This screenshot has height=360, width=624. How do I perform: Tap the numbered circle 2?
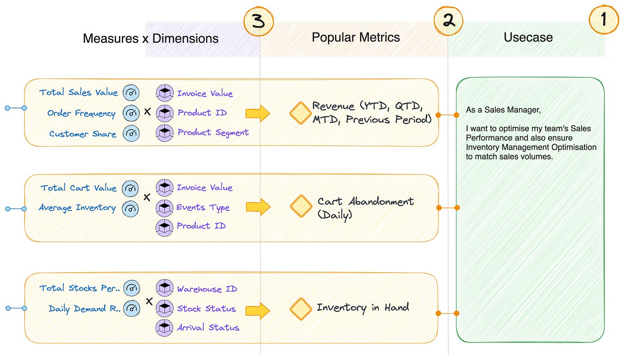coord(448,21)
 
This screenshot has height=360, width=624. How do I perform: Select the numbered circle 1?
coord(603,20)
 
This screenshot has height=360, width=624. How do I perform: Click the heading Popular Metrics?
coord(356,37)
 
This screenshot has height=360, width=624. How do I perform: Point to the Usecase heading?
coord(528,37)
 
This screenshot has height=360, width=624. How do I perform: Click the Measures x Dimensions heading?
coord(150,38)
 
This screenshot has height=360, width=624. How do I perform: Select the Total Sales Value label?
coord(78,93)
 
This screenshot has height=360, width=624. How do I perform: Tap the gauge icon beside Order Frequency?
coord(131,113)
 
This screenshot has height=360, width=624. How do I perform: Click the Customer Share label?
coord(83,134)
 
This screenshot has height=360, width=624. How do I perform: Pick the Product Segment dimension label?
coord(213,132)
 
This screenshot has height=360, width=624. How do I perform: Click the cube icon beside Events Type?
coord(165,207)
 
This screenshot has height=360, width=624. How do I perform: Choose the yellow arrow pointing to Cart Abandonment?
coord(258,207)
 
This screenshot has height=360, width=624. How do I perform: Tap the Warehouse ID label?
coord(207,289)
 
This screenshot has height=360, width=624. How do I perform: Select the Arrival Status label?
coord(208,328)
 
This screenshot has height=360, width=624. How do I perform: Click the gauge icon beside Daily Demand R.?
coord(131,309)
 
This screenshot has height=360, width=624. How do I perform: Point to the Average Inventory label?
coord(77,208)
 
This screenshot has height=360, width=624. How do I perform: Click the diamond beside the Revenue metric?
coord(300,113)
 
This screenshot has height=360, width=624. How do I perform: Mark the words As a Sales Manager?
coord(504,110)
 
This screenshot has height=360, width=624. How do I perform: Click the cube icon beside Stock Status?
coord(165,309)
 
